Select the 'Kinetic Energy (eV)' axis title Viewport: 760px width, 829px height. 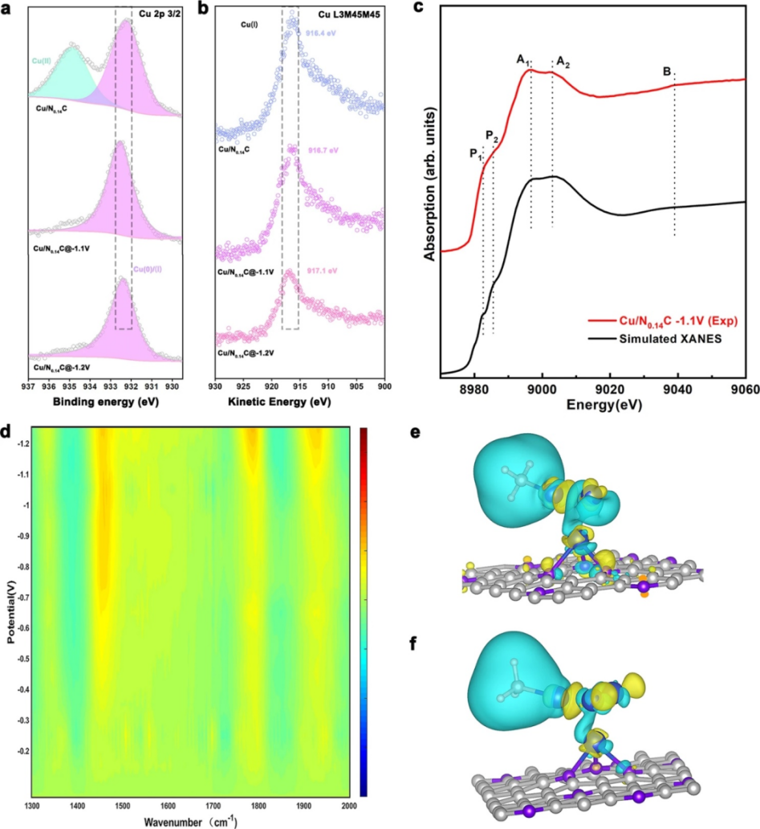coord(299,401)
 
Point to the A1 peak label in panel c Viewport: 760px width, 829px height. coord(522,59)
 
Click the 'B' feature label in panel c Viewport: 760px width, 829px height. coord(667,71)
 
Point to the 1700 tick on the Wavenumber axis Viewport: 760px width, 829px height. coord(578,806)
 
